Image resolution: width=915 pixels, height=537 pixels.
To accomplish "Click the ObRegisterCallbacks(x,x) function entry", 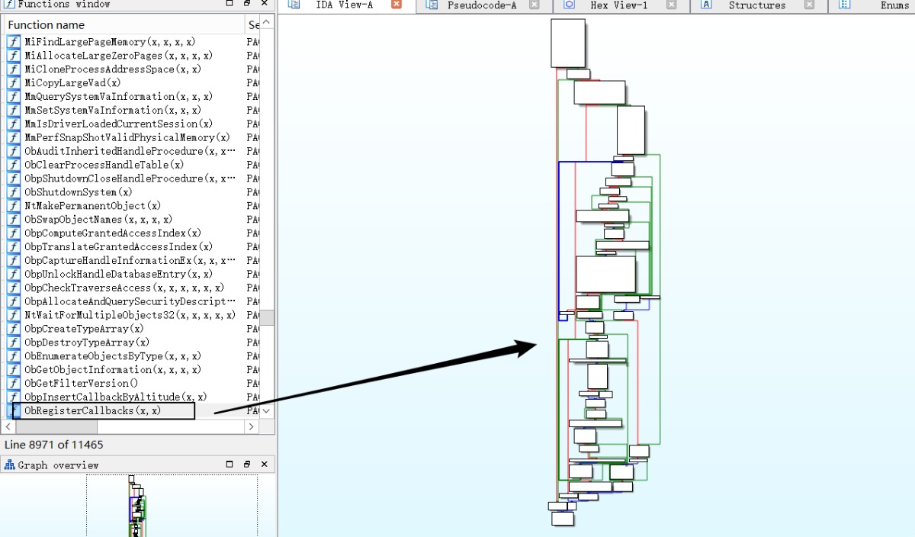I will click(92, 410).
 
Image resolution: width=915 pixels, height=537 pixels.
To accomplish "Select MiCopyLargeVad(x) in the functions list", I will click(72, 82).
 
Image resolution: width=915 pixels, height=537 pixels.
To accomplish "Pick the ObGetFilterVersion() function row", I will click(81, 383).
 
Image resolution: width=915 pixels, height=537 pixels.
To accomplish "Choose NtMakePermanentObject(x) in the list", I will click(92, 206).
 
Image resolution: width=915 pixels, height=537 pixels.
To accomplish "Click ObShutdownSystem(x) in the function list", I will click(78, 192).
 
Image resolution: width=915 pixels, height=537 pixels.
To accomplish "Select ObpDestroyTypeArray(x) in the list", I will click(86, 342).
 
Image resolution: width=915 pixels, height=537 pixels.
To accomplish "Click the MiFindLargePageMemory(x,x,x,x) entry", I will click(109, 42).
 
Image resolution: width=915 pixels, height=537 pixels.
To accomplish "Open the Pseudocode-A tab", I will click(481, 5).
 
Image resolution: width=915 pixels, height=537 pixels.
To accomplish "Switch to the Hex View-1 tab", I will click(618, 5).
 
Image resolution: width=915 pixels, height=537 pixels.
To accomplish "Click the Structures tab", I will click(756, 5).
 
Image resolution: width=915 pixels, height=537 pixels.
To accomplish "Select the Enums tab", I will click(894, 5).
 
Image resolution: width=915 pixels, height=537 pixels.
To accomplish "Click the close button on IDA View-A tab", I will click(396, 5).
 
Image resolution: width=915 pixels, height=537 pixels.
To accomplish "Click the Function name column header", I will click(46, 25).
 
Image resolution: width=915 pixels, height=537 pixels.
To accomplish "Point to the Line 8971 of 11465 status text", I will click(54, 445).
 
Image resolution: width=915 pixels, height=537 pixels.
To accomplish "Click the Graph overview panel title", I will click(58, 465).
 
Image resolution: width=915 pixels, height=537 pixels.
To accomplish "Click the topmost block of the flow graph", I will click(567, 43).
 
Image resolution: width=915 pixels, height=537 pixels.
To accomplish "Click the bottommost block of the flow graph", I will click(562, 519).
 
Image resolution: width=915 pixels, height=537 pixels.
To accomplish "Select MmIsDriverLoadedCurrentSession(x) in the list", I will click(118, 124).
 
